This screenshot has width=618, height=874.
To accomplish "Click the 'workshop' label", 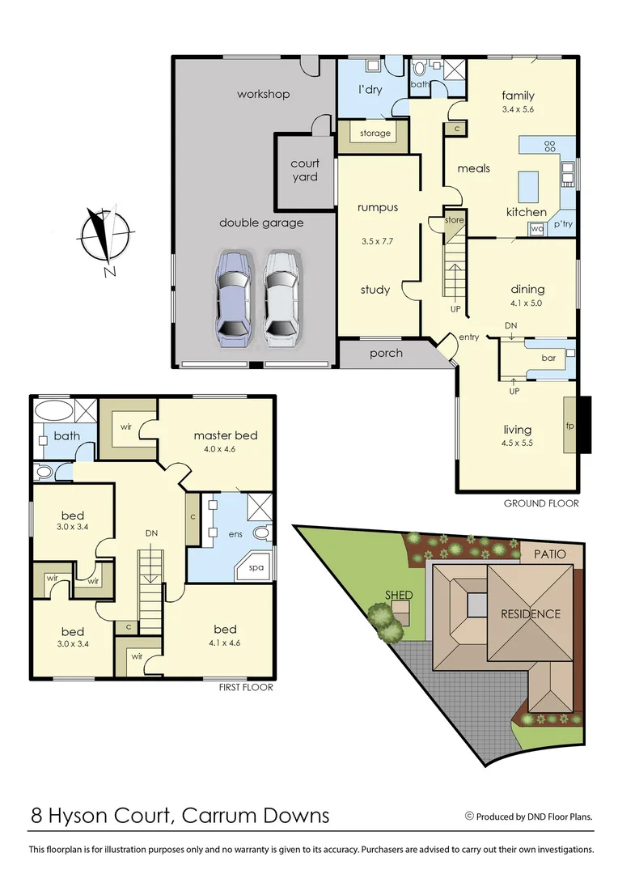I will [263, 95].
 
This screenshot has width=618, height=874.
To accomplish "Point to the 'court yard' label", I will [305, 170].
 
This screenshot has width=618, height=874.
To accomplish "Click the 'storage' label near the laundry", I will [375, 134].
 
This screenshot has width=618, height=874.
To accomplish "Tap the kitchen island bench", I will [528, 187].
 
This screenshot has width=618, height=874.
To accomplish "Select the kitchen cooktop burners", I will [550, 146].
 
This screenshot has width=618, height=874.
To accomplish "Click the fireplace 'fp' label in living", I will [569, 426].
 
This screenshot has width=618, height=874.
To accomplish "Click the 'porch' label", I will [386, 353].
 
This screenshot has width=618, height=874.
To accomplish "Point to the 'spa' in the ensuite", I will [256, 567].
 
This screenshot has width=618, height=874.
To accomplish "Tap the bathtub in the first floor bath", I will [54, 409].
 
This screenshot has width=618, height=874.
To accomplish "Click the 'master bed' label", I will [225, 435].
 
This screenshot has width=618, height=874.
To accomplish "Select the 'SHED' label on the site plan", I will [399, 595].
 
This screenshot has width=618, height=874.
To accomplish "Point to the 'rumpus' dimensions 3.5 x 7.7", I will [378, 241].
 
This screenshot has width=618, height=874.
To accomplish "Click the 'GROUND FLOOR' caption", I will [541, 503].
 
